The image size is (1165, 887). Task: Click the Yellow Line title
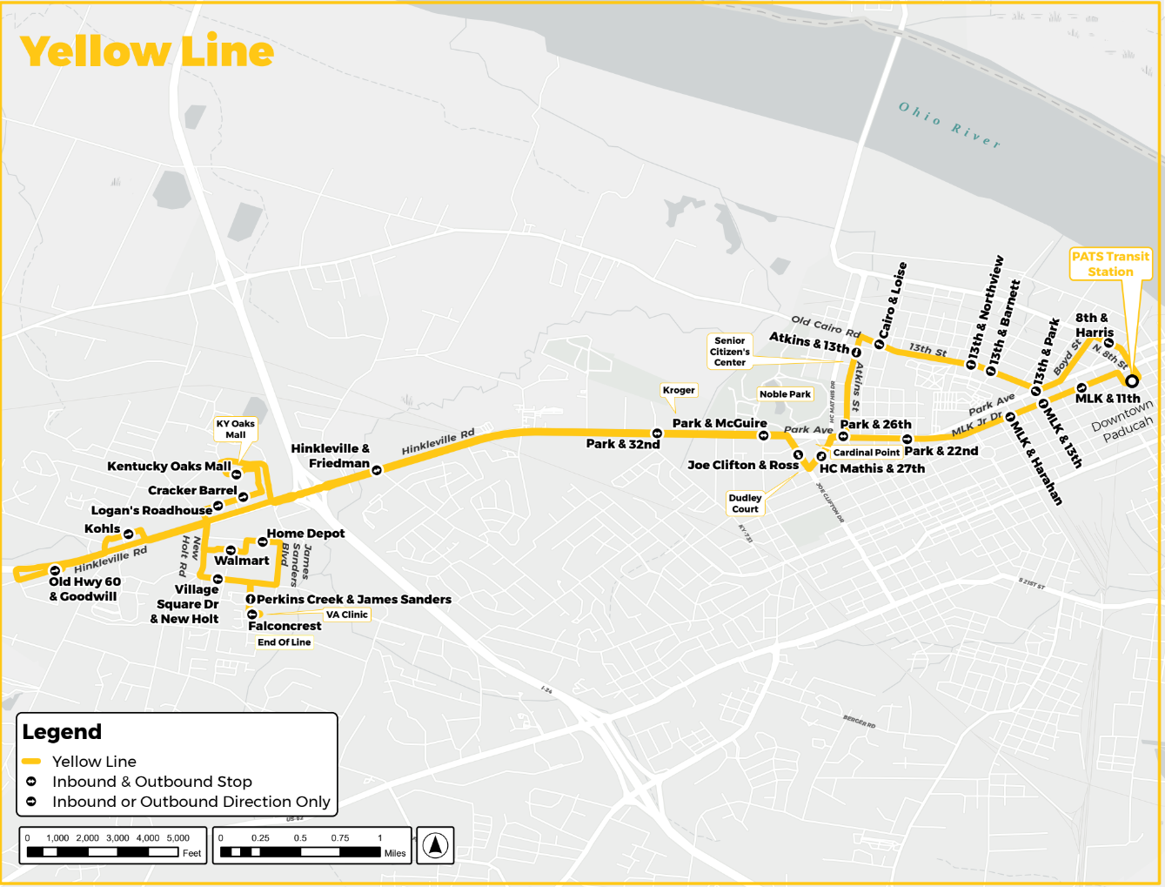click(x=146, y=51)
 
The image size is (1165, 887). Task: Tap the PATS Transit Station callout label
click(x=1110, y=264)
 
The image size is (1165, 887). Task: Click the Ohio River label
click(x=949, y=124)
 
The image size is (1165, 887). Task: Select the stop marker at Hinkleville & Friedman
click(x=377, y=470)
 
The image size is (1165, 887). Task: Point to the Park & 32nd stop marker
click(x=657, y=433)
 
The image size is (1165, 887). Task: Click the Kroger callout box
click(x=679, y=390)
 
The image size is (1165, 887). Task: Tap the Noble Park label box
click(x=785, y=394)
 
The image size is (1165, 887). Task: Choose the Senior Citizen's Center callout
click(x=729, y=352)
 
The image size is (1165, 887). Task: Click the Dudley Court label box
click(x=745, y=503)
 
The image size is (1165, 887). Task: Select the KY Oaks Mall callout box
click(x=235, y=429)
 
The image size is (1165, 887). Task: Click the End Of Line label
click(x=284, y=642)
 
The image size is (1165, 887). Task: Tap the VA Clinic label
click(x=346, y=615)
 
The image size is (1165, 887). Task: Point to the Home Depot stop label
click(x=305, y=534)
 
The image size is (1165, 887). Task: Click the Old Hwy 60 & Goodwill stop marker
click(x=55, y=571)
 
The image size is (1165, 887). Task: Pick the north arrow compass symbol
click(x=435, y=844)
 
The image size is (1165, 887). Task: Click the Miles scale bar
click(x=300, y=852)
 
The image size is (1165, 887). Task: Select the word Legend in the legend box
click(x=62, y=732)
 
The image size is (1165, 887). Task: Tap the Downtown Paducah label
click(x=1122, y=421)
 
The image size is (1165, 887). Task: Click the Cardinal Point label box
click(x=866, y=453)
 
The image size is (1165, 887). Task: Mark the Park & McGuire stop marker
click(x=763, y=436)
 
